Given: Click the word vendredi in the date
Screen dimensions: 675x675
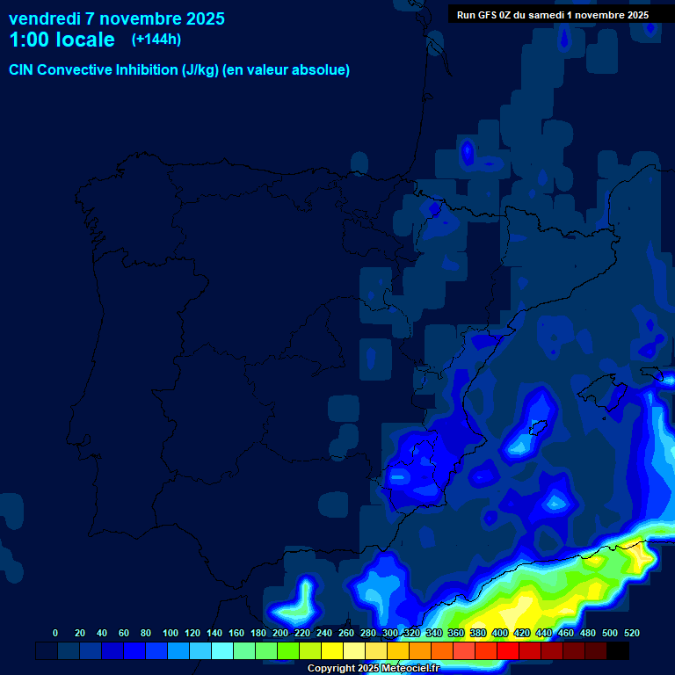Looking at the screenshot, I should click(x=45, y=18).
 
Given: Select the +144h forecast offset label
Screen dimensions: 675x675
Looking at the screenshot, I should click(x=156, y=40).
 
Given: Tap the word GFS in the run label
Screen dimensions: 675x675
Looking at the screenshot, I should click(x=488, y=15).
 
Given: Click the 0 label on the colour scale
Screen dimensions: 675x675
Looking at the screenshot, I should click(x=55, y=633).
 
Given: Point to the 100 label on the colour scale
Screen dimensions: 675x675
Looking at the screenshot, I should click(x=170, y=633).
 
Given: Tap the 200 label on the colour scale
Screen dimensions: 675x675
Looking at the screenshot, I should click(x=280, y=633).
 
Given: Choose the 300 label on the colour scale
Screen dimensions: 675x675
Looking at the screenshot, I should click(x=390, y=633).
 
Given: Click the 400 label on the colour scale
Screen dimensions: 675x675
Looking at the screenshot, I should click(x=500, y=633).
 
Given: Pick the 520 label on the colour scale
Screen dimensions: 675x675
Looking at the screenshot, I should click(x=630, y=633).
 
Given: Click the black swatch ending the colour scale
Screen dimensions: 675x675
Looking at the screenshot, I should click(x=618, y=651).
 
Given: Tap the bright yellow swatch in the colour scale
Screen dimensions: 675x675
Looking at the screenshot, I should click(x=332, y=651).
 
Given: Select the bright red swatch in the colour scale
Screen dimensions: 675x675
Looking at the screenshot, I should click(x=508, y=651).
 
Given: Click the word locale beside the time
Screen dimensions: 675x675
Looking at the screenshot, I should click(x=84, y=40).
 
